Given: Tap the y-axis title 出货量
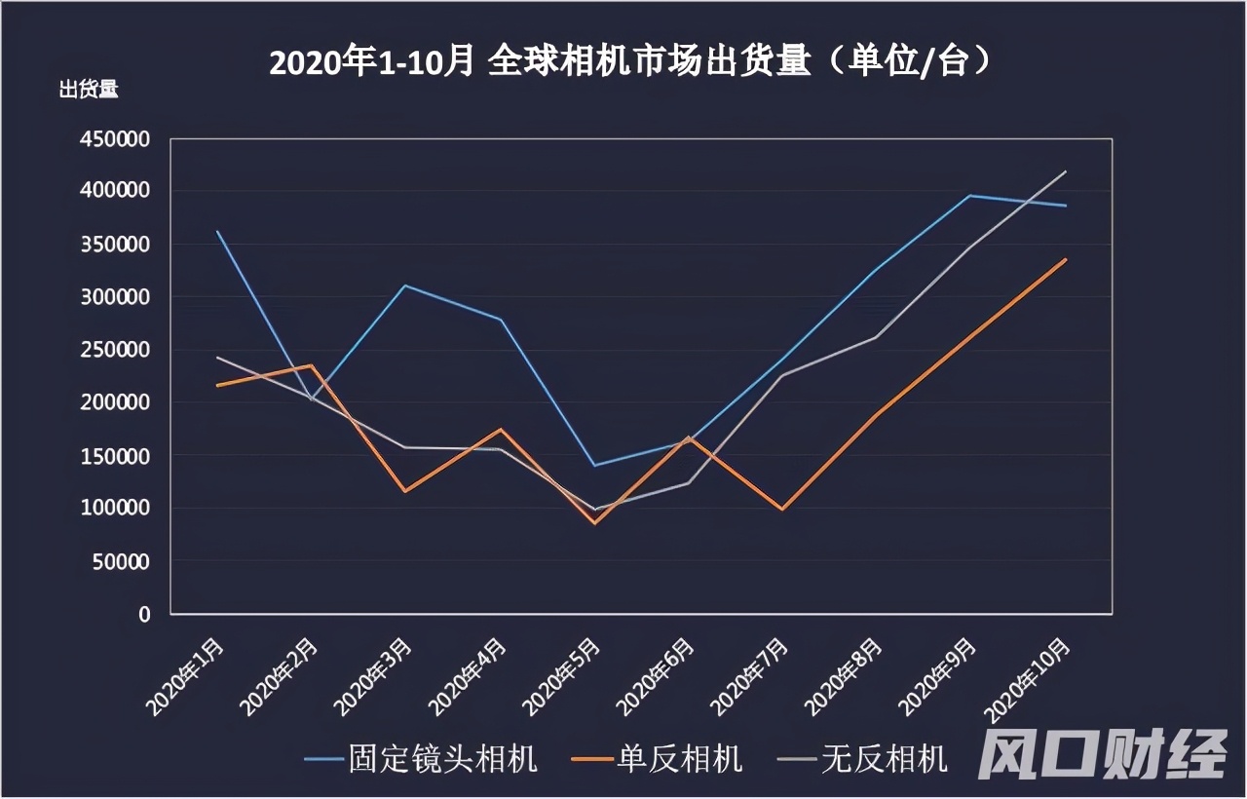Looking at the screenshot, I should coord(89,91).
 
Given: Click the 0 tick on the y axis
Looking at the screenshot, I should coord(144,614).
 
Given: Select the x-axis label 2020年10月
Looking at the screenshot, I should coord(1033,677).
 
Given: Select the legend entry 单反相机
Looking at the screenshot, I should coord(658,759).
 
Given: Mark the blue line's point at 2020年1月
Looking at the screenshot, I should coord(216,231).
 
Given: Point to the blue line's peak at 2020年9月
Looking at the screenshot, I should coord(970,196).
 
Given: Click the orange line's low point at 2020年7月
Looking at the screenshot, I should coord(782,510).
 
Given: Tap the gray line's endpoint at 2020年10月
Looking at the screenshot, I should coord(1066,171).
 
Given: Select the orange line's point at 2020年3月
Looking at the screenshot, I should coord(405,491).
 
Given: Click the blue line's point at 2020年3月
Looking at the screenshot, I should coord(405,285).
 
